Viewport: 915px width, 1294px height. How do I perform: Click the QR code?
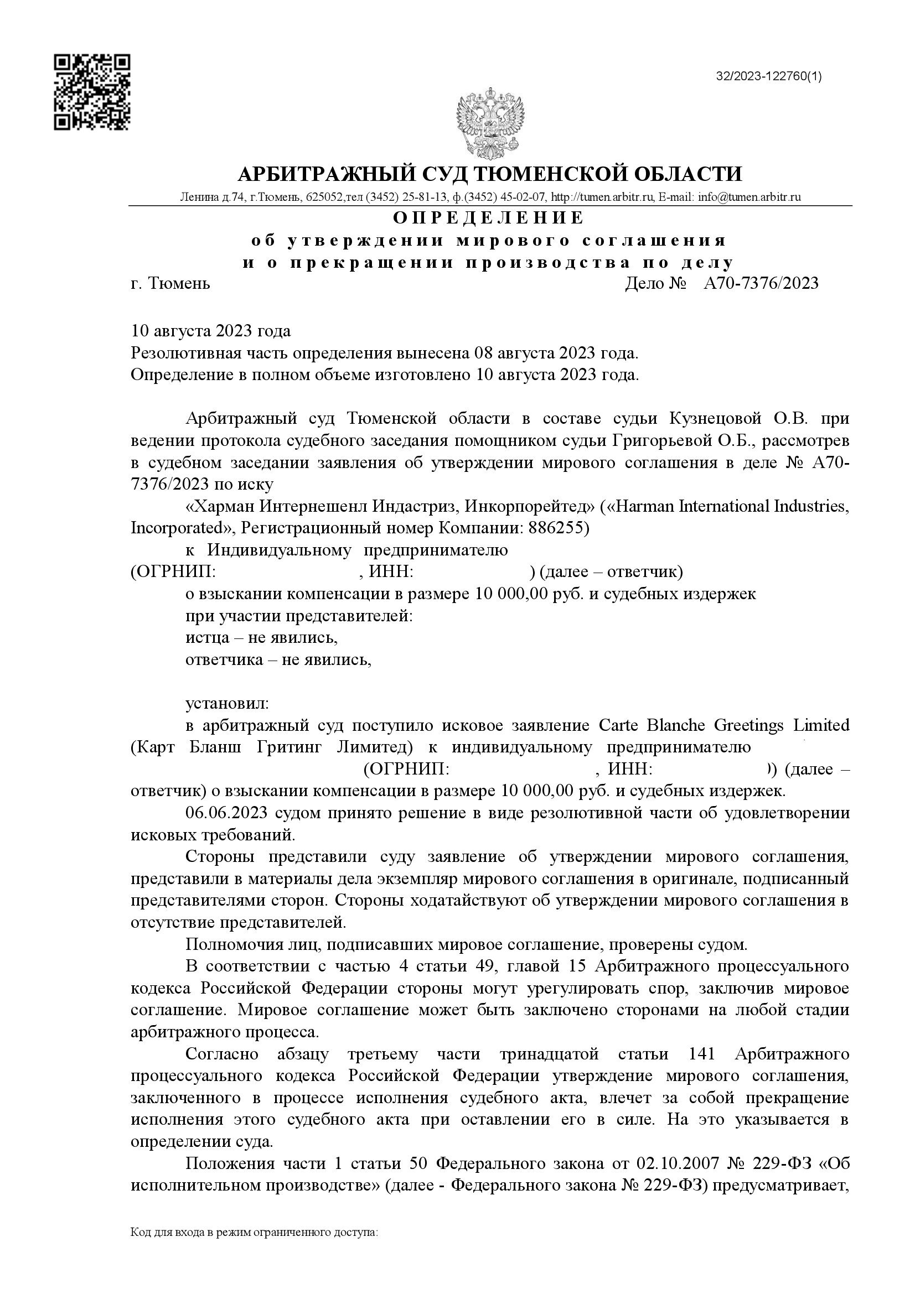[92, 92]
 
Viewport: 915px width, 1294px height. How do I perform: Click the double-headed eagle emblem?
[490, 123]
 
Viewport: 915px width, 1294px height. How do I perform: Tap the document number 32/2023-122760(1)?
[768, 76]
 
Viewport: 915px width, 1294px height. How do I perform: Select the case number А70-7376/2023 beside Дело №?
[761, 283]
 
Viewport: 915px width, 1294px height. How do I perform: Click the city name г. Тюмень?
[170, 283]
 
